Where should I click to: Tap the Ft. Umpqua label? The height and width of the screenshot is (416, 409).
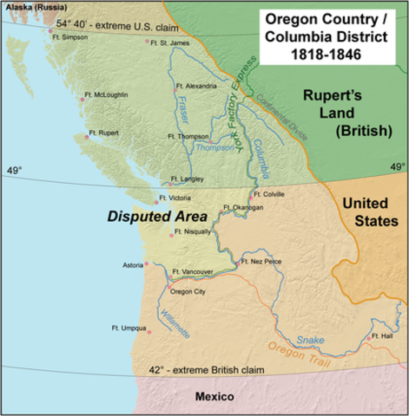129,328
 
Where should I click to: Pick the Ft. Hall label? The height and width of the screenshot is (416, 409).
380,335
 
